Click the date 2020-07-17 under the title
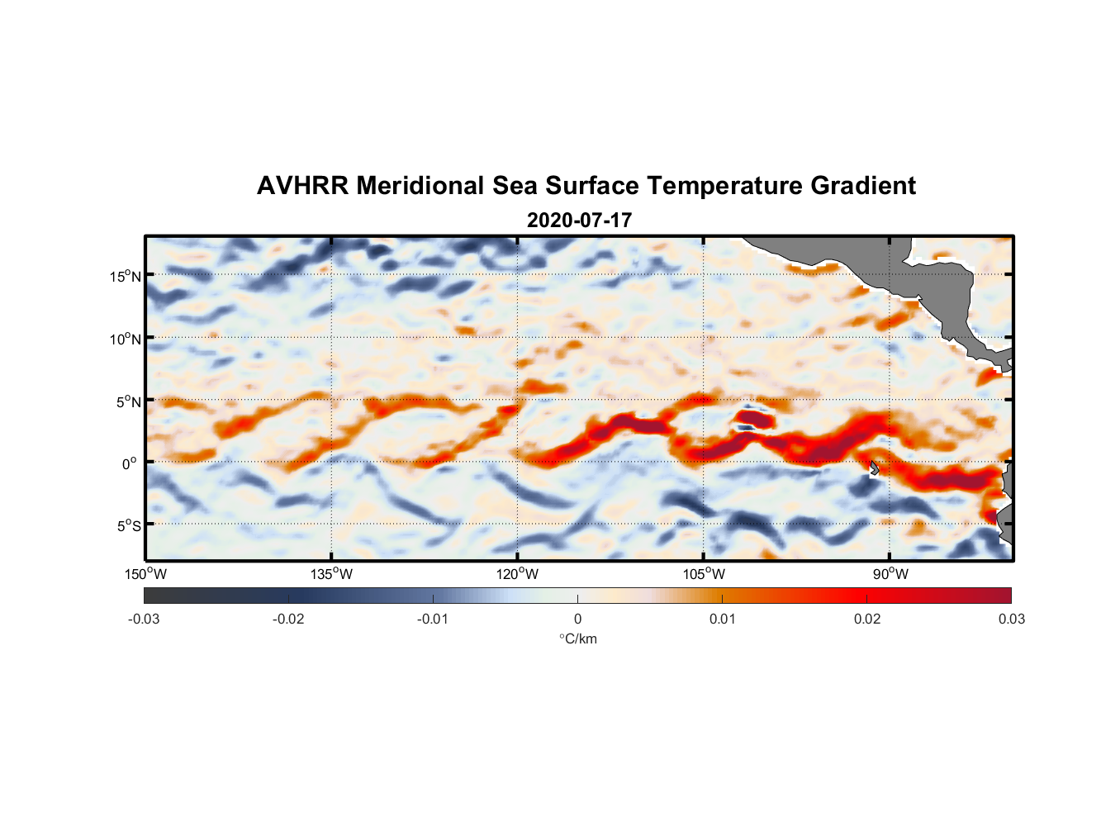579,221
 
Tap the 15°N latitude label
125,276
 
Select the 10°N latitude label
125,339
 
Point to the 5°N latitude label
127,401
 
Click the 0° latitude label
130,463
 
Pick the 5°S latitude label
127,526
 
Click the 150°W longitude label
145,574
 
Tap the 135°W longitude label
331,574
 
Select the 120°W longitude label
517,574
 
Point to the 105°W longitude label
704,574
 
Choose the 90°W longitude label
890,574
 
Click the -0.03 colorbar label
144,619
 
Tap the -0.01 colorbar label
433,619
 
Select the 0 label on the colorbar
577,619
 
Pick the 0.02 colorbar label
867,619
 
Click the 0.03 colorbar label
1011,619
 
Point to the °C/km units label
577,638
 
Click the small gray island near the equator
874,468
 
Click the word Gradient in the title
862,186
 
